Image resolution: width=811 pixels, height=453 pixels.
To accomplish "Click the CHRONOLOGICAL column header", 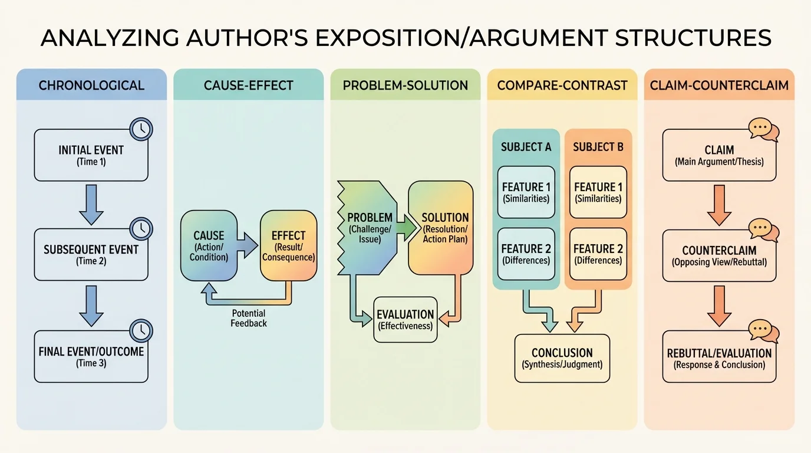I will tap(91, 85).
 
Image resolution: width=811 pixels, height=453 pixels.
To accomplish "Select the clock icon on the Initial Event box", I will tap(141, 129).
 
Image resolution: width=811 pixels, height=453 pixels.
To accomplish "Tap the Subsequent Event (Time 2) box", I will tap(91, 254).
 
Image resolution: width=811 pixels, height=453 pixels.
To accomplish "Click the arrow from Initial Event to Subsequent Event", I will tap(91, 203).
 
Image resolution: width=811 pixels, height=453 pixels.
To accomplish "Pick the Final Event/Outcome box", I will tap(91, 356).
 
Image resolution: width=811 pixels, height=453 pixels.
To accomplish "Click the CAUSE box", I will tap(209, 245).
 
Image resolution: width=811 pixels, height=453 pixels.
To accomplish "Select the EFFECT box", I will tap(288, 245).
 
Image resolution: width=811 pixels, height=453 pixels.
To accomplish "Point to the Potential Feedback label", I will tap(249, 318).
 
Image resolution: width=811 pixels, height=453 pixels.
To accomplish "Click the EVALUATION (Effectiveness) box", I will tap(405, 319).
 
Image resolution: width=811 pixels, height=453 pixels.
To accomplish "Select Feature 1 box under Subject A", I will tap(526, 192).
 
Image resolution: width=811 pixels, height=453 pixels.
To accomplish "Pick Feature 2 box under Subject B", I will tap(598, 254).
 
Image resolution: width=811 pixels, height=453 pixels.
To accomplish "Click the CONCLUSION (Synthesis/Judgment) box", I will tap(562, 358).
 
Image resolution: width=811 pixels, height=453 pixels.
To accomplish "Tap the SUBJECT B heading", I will tap(598, 147).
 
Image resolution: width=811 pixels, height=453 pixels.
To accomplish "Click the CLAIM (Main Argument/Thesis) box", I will tap(719, 156).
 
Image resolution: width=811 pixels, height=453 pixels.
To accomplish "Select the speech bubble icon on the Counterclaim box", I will tap(763, 229).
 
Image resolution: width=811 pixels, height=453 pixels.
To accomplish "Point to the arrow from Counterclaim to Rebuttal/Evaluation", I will tap(719, 306).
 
